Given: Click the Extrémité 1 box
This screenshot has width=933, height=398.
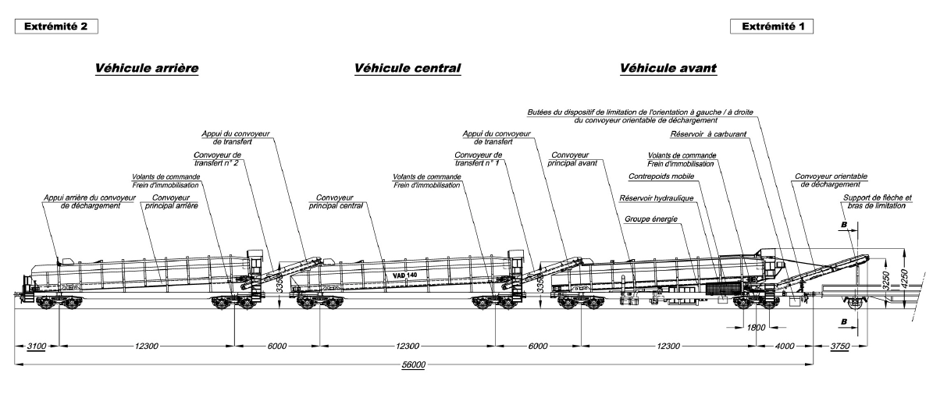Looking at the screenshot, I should click(x=770, y=27).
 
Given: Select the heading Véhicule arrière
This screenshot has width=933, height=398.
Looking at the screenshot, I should click(x=146, y=69).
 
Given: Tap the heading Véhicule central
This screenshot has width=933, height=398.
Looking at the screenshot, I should click(x=407, y=69).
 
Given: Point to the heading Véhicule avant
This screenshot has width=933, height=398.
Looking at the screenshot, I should click(x=668, y=69).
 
